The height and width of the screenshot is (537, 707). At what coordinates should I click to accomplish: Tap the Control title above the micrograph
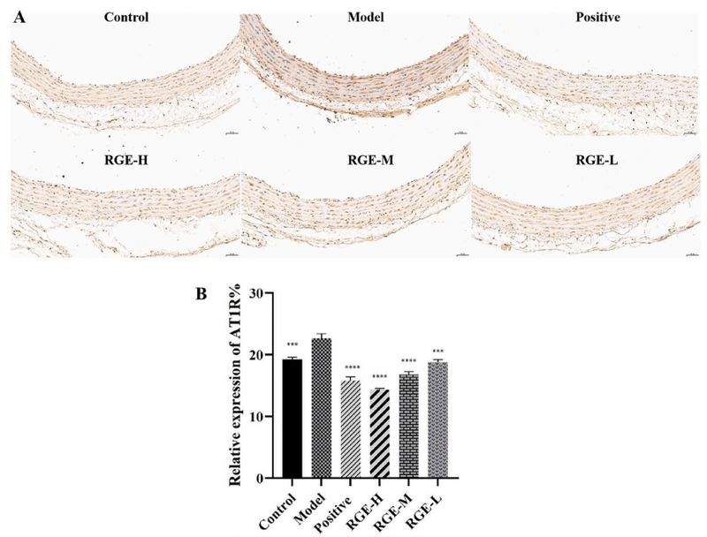[125, 17]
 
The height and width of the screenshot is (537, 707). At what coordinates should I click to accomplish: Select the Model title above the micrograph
[357, 17]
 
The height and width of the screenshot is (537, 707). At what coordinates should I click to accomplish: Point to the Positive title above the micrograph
[585, 17]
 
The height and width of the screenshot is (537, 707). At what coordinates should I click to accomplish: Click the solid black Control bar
[291, 419]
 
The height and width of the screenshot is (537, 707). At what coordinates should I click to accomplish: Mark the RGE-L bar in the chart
[439, 420]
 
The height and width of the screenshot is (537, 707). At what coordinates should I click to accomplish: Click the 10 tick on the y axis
[259, 417]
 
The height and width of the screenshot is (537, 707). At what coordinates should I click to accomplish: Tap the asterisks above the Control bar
[291, 347]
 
